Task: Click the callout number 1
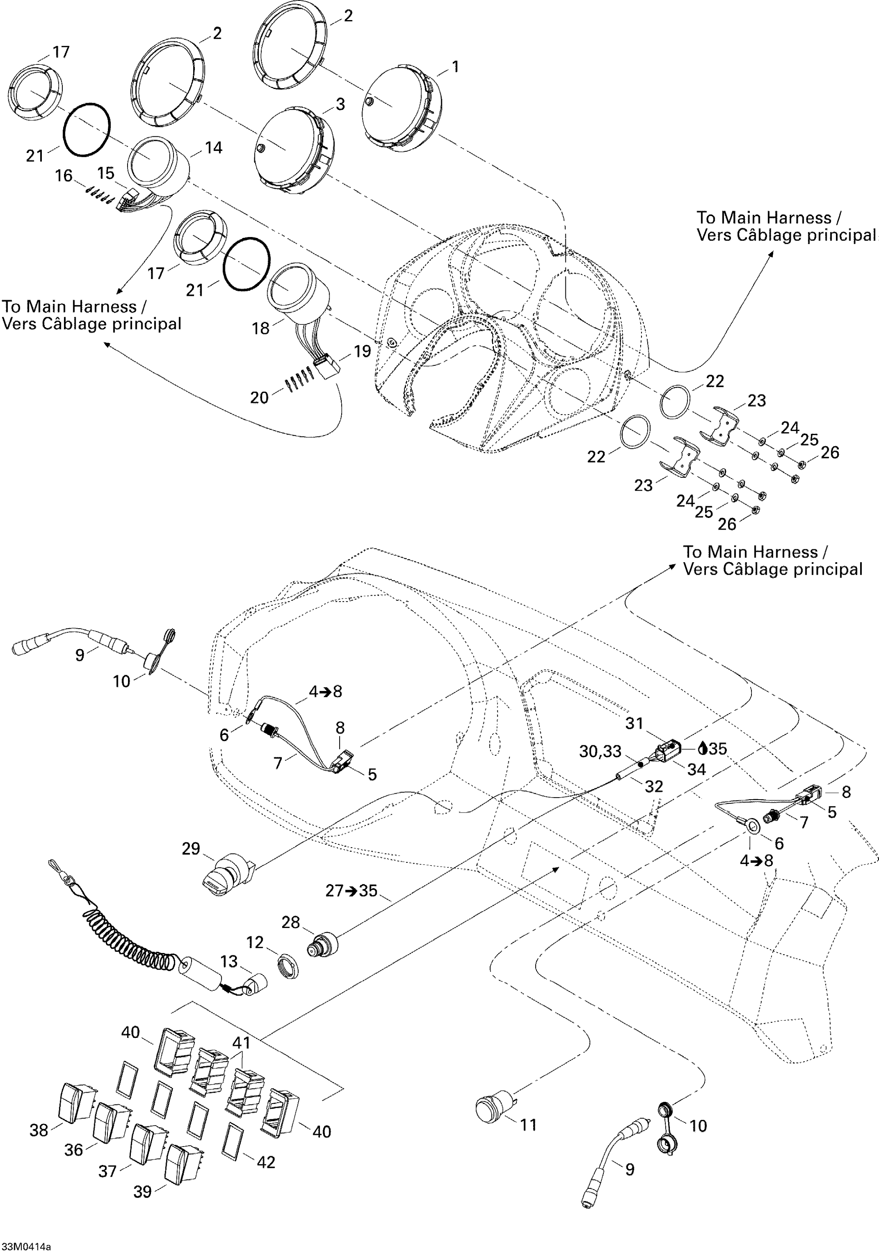(455, 67)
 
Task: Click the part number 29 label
(191, 849)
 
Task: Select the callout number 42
(266, 1162)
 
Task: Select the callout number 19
(362, 351)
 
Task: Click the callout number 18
(261, 328)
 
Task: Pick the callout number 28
(291, 923)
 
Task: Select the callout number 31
(634, 724)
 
